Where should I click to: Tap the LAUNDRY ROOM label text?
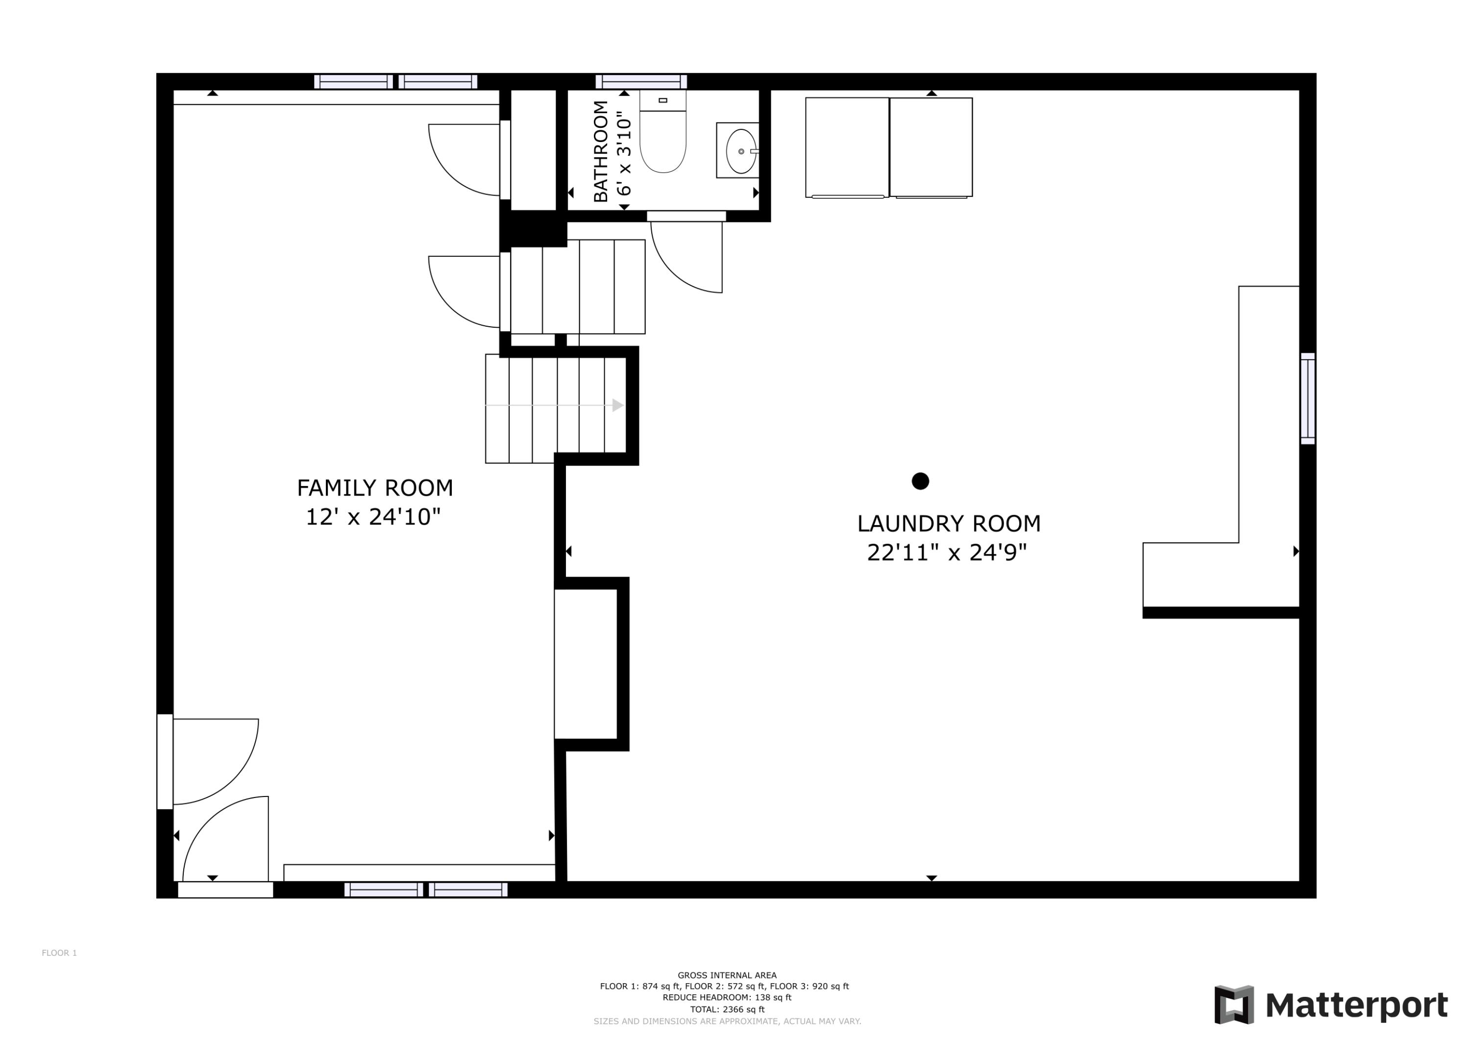949,524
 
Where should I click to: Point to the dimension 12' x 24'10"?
373,517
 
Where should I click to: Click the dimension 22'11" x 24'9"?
947,553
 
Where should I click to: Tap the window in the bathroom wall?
641,81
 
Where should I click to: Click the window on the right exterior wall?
1307,398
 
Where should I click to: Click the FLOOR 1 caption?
59,953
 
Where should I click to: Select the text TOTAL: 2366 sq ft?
727,1010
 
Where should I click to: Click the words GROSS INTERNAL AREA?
727,976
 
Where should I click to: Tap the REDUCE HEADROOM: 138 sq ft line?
727,997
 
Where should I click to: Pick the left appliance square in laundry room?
847,147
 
